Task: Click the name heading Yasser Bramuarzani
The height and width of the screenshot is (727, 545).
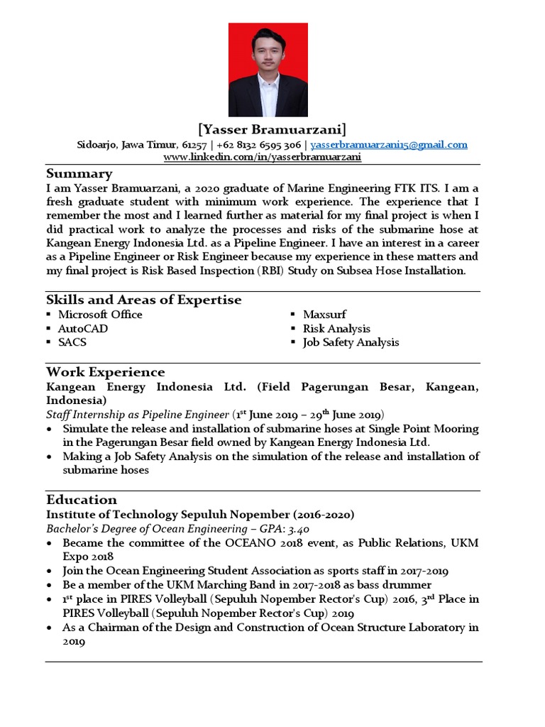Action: [272, 129]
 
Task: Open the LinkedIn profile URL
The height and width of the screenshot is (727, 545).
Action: [263, 157]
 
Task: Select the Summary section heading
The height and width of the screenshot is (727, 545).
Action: [79, 174]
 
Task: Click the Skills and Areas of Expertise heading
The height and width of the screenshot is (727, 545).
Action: [143, 300]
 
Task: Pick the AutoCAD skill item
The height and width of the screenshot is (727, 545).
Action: [83, 329]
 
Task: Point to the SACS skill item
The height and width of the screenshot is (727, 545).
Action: [73, 342]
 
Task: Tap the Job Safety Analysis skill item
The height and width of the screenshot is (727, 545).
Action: [351, 342]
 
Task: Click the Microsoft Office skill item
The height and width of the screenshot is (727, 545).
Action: [100, 315]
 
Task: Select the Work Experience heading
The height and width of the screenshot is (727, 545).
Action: [105, 372]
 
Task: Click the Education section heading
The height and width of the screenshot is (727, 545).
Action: [81, 499]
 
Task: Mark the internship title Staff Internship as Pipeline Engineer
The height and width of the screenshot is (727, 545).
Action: [138, 415]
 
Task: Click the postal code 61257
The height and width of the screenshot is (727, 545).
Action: [194, 145]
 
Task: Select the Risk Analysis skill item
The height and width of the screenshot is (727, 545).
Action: [336, 329]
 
